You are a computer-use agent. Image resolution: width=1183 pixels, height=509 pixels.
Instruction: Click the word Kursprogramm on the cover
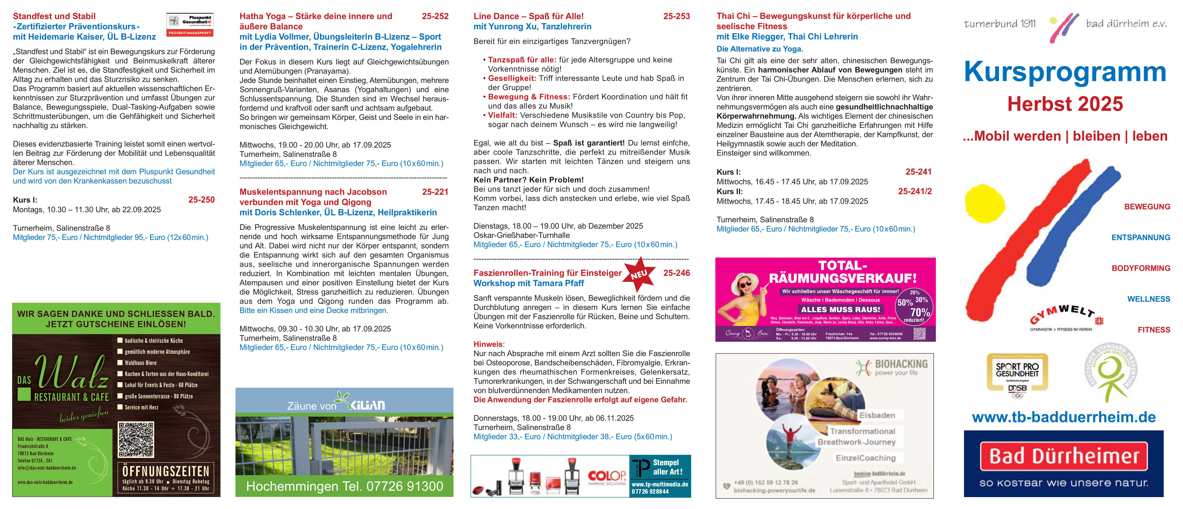pos(1065,72)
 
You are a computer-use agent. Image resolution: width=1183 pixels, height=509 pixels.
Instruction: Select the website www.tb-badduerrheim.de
pos(1064,417)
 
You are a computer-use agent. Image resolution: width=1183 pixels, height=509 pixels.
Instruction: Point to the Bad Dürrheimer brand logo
pos(1064,464)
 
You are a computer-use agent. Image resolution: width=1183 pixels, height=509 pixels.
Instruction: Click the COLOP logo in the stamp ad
pos(607,476)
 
